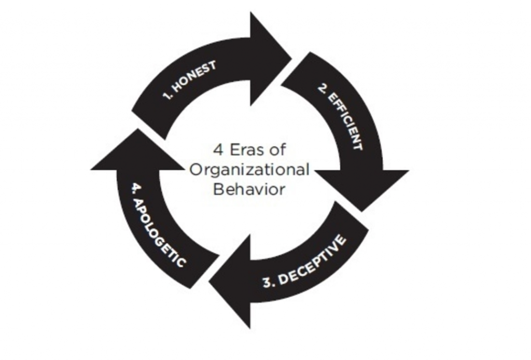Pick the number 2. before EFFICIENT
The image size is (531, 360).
click(323, 88)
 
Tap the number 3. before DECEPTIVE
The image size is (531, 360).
click(270, 282)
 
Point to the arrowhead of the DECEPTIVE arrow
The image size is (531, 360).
click(230, 282)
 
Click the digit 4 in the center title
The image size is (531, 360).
click(218, 149)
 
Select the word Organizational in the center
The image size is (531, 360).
click(249, 169)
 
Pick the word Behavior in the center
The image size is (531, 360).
click(249, 189)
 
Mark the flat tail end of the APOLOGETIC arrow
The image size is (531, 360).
click(203, 271)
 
